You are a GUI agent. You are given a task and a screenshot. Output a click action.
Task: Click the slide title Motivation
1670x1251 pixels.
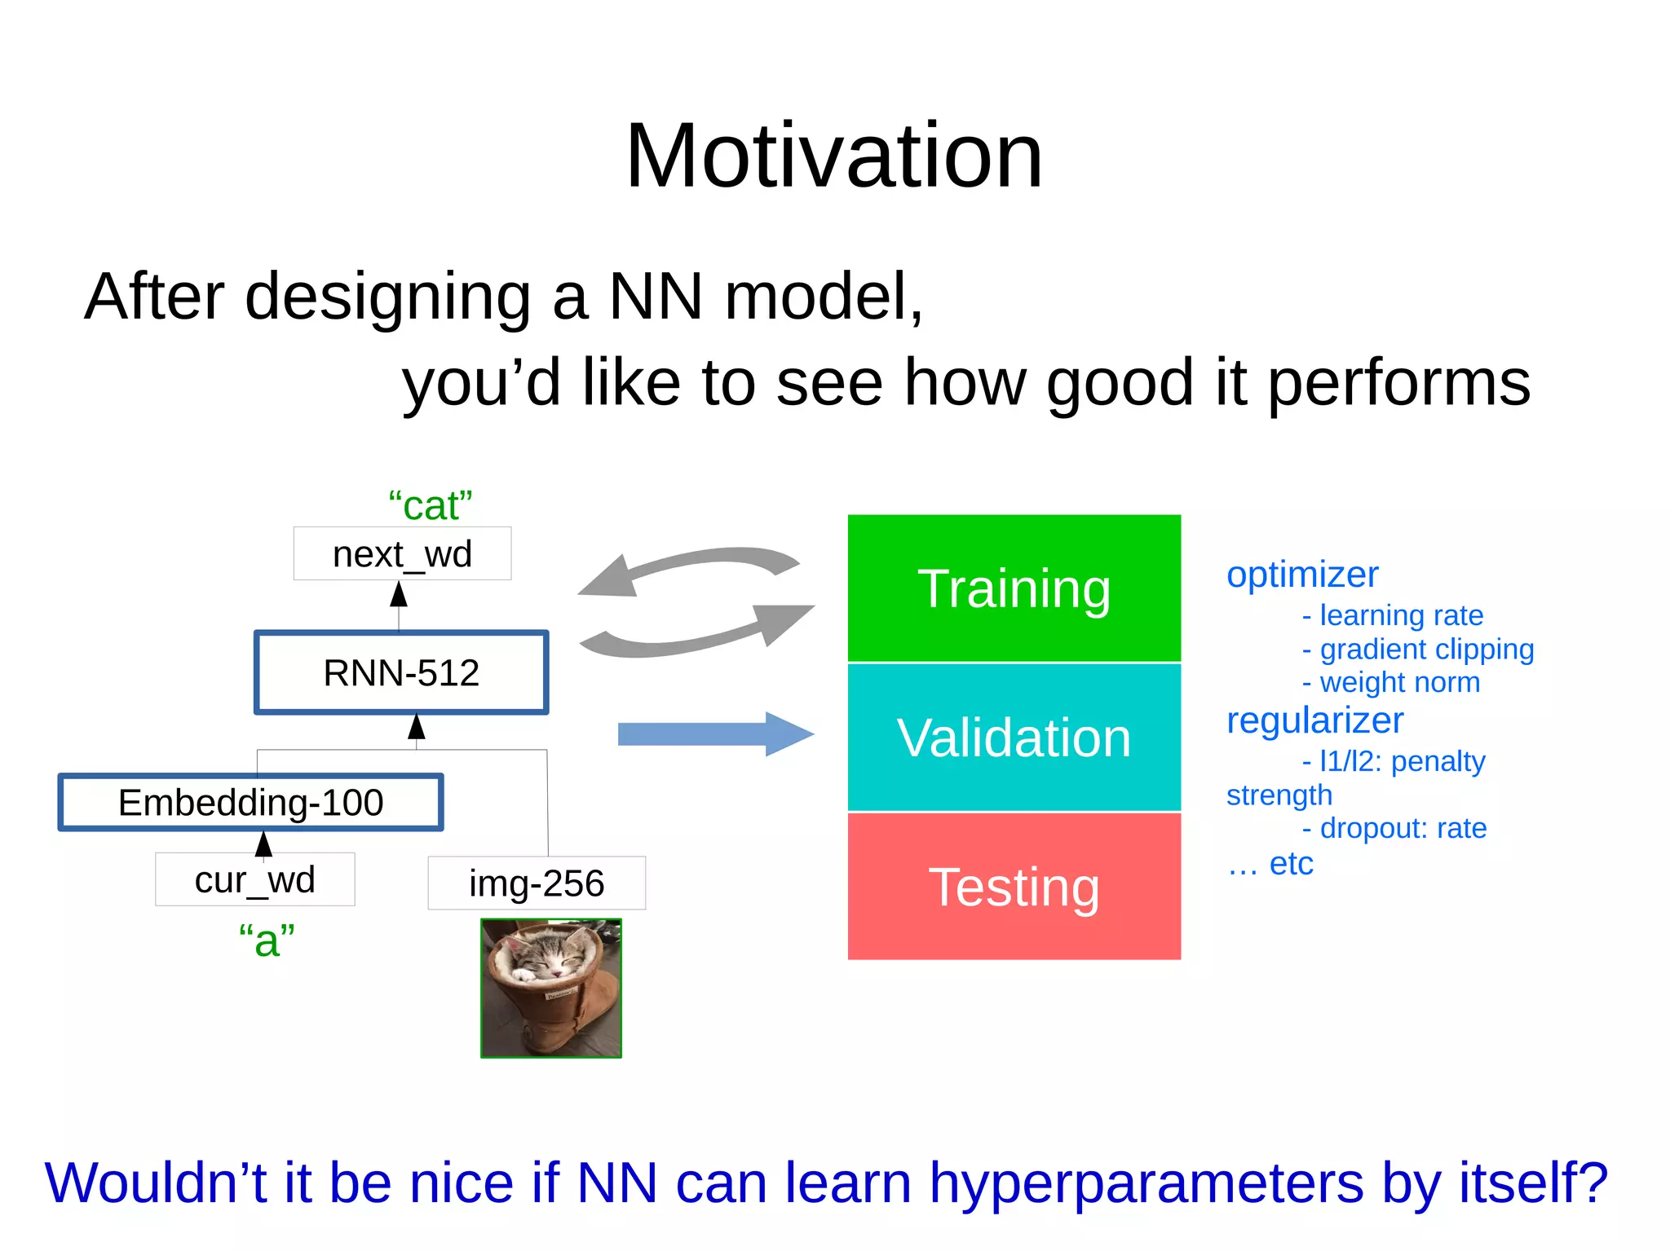[833, 156]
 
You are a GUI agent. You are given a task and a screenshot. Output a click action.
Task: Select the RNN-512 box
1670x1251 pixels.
[401, 673]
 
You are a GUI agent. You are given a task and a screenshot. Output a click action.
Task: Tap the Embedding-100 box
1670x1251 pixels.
[251, 803]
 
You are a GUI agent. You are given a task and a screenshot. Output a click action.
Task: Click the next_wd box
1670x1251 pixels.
[402, 554]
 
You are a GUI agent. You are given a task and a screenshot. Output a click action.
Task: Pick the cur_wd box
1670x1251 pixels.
[254, 879]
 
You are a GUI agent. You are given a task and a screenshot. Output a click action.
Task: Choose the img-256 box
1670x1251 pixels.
[536, 883]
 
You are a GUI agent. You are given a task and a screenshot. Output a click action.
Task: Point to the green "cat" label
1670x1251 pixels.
[430, 505]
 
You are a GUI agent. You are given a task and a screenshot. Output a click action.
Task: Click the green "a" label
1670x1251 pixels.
[266, 940]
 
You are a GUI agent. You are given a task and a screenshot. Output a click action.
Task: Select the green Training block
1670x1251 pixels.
[1014, 588]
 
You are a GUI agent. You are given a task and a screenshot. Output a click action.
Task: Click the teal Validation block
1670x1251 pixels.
[1014, 738]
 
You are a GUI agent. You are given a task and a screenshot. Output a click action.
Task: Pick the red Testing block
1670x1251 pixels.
[1014, 887]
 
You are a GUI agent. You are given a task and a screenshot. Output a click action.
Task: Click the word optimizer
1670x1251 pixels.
[1301, 575]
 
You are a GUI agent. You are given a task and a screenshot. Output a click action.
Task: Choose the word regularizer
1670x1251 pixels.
[1314, 720]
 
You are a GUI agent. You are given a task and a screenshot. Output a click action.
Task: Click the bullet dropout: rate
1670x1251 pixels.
[1402, 828]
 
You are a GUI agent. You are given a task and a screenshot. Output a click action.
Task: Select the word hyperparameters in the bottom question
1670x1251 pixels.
[1146, 1183]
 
